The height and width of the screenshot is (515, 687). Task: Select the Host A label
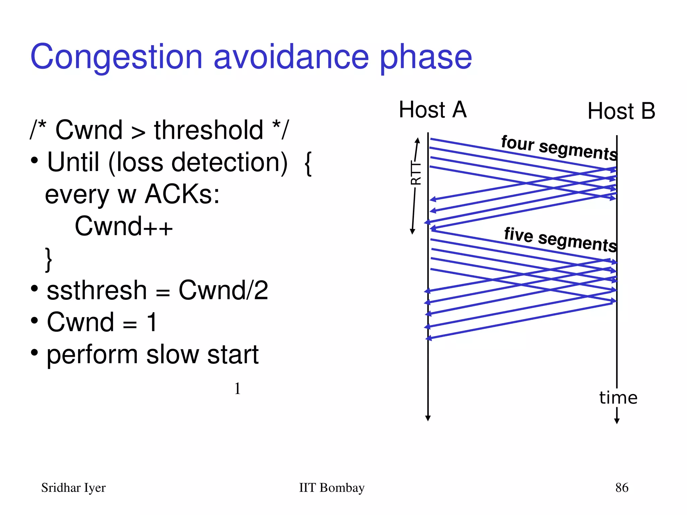coord(432,110)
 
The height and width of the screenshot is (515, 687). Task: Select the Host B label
coord(621,111)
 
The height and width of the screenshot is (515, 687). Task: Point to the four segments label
coord(559,148)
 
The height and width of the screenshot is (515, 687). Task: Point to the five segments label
coord(560,239)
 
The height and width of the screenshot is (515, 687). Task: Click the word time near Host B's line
coord(618,398)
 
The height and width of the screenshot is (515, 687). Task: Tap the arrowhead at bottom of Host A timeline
coord(428,418)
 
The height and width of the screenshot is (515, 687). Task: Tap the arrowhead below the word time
coord(617,421)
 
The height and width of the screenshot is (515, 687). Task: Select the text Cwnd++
coord(123,226)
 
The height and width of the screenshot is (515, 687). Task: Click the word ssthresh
coord(97,290)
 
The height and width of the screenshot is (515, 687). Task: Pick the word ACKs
coord(182,194)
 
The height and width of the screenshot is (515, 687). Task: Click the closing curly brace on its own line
coord(49,259)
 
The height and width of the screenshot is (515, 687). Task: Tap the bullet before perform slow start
coord(34,352)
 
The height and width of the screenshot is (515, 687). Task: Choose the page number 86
coord(622,488)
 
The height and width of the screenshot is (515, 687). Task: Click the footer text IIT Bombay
coord(331,488)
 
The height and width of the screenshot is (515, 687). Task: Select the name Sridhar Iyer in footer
coord(73,488)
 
